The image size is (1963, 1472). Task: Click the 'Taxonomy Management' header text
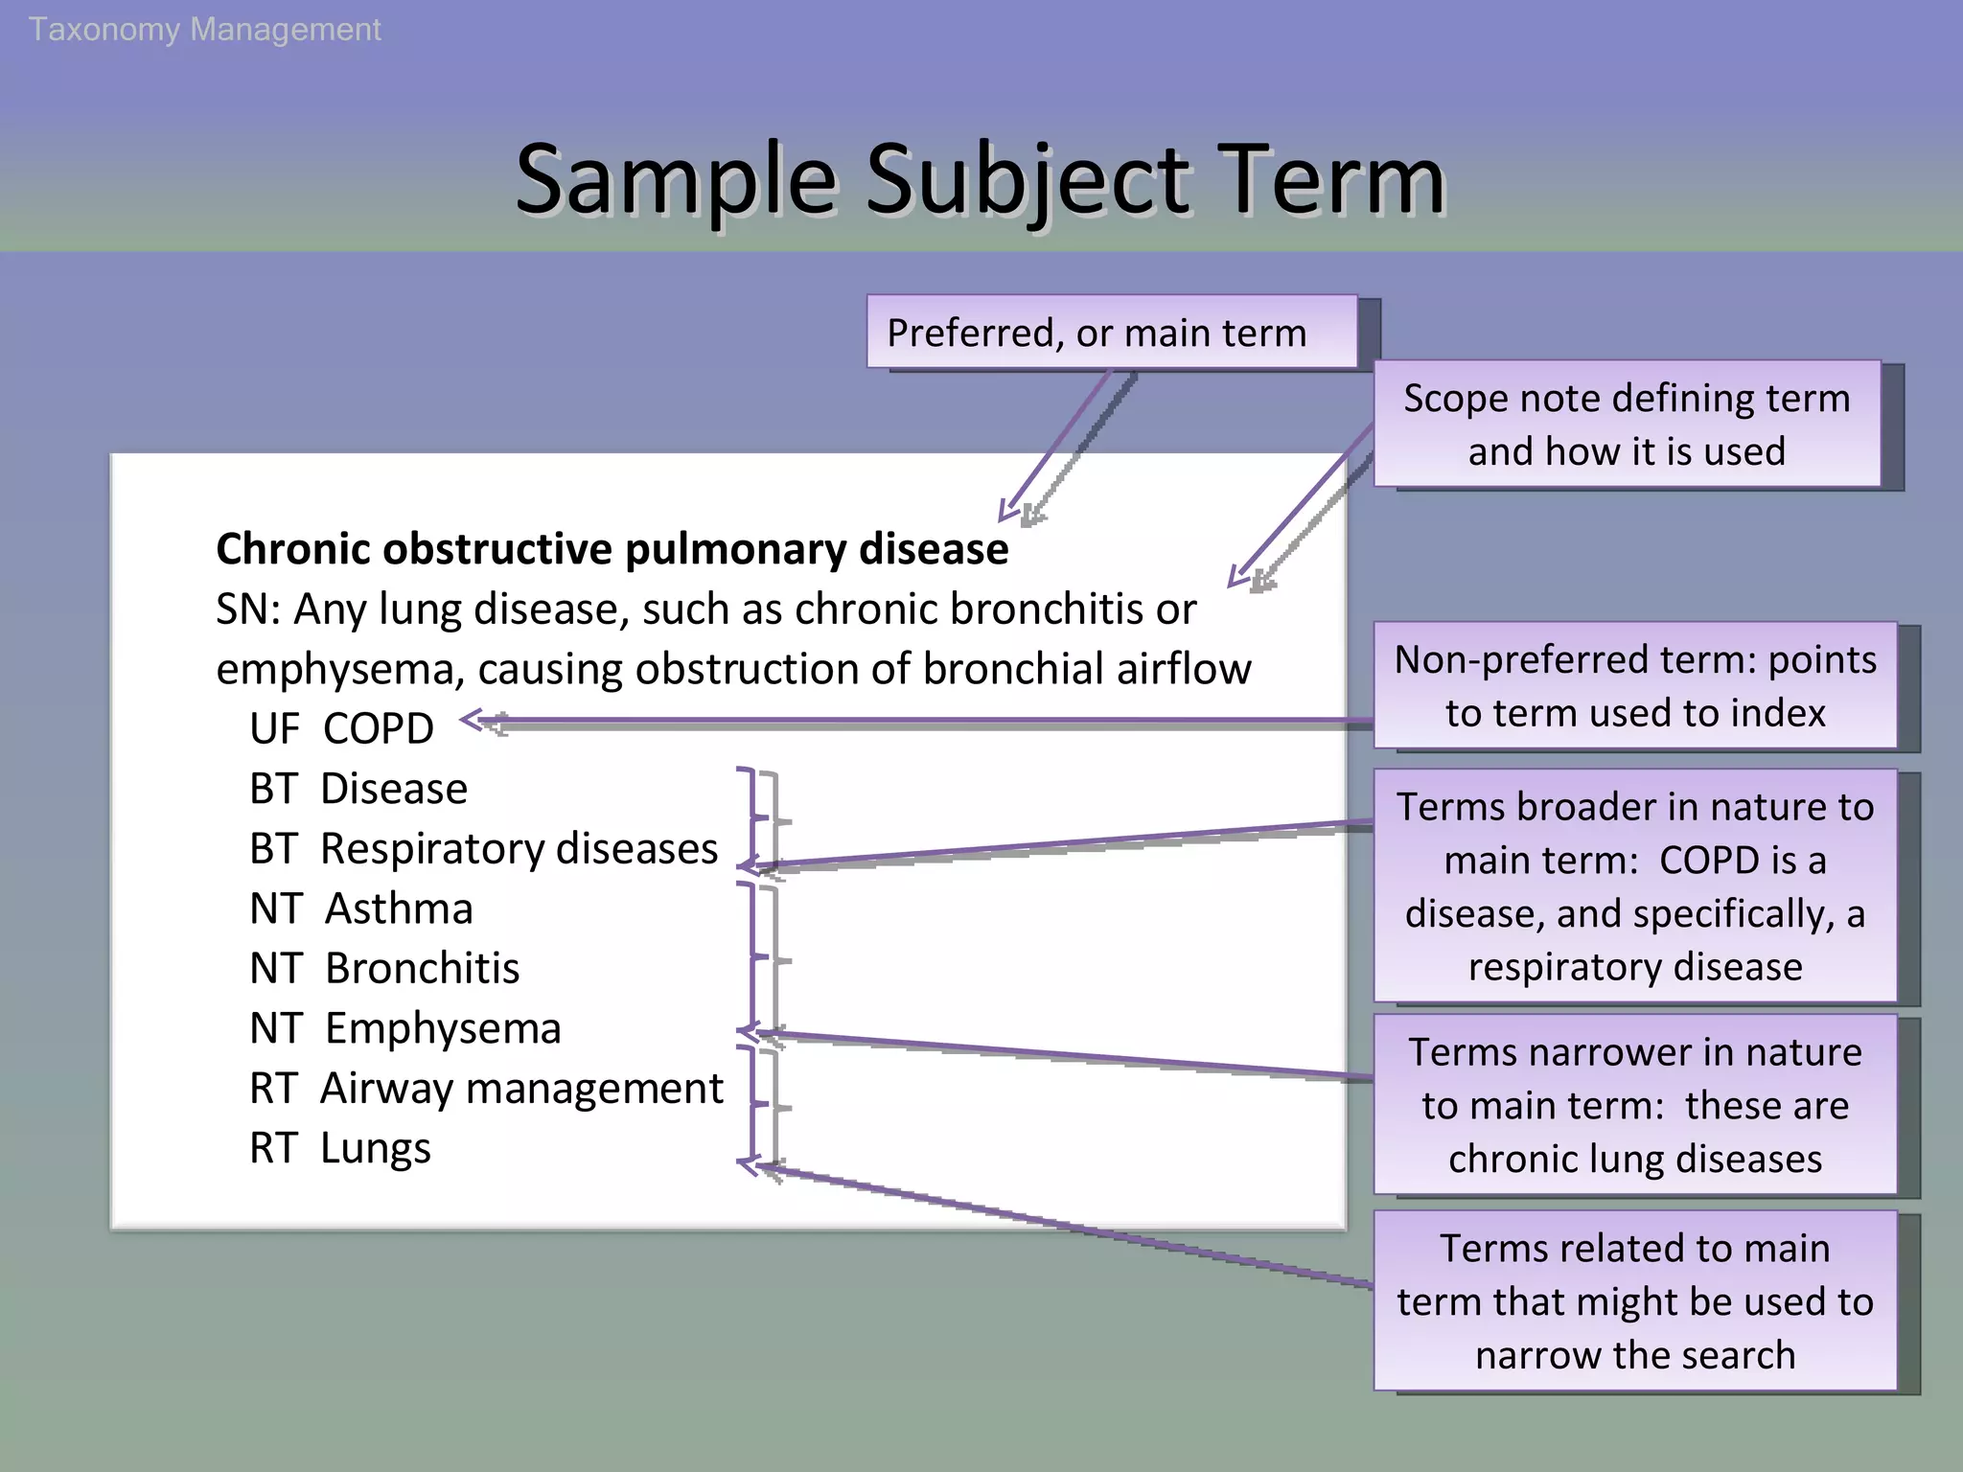point(204,30)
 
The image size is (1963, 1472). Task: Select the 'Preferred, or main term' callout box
point(1112,333)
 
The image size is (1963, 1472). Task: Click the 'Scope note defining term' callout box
point(1627,424)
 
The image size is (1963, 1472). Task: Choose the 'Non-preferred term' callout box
point(1635,685)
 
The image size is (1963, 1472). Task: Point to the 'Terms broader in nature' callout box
point(1635,886)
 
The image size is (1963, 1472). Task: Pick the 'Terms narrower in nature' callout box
point(1635,1105)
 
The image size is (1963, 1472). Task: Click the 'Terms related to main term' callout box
point(1635,1300)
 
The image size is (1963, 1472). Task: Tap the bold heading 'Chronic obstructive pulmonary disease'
point(612,549)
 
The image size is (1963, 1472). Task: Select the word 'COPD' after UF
point(379,729)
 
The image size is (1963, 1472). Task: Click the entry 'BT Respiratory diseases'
point(483,849)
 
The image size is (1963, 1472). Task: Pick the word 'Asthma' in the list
point(399,908)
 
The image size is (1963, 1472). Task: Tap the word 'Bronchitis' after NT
point(422,969)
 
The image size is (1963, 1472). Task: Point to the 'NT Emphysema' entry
point(404,1028)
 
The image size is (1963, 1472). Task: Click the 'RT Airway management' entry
point(486,1089)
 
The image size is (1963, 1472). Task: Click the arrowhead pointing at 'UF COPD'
point(473,720)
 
